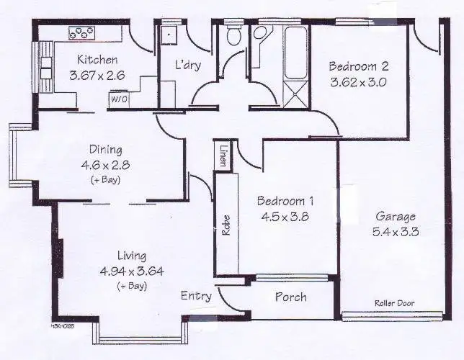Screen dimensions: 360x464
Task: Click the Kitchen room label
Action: [88, 60]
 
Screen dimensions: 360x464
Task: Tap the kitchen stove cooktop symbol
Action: [81, 32]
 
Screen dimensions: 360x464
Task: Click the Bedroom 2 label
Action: [358, 67]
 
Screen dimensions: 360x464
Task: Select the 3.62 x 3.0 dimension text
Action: [358, 81]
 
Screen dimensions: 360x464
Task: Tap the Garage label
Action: [395, 217]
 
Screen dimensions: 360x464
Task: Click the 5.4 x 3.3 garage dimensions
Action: [395, 232]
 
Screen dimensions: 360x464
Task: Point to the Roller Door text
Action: [394, 303]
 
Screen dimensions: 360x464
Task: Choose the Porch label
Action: [291, 297]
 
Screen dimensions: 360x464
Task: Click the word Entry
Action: [196, 296]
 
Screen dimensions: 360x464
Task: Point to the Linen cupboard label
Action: [223, 156]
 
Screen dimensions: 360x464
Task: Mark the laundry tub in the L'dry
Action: [169, 35]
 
